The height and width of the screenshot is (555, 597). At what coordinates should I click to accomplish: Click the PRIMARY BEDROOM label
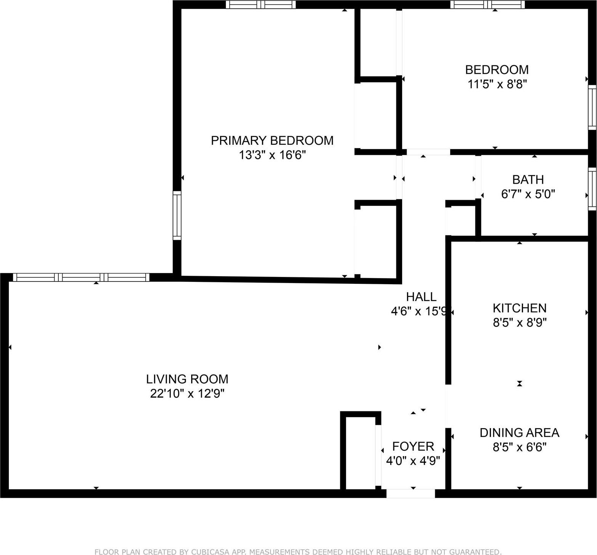coord(272,141)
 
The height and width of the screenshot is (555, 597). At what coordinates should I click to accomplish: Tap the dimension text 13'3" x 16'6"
coord(272,155)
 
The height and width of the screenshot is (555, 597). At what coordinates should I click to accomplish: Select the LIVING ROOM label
coord(187,379)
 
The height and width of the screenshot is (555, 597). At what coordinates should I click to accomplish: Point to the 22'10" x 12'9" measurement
coord(187,393)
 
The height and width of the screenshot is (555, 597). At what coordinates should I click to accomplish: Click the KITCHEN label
coord(519,308)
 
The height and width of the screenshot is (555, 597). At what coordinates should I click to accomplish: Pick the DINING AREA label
coord(519,432)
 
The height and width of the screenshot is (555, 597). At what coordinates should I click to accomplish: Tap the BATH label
coord(528,180)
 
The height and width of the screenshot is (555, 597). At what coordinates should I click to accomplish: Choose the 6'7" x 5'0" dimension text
coord(528,194)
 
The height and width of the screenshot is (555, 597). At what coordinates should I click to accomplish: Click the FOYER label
coord(413,446)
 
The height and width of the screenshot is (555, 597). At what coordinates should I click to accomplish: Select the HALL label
coord(421,297)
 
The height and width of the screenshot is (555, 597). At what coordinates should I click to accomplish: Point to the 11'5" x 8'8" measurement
coord(497,84)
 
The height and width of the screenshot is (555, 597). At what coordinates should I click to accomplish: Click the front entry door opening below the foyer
coord(410,494)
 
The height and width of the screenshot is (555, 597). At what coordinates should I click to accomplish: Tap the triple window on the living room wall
coord(81,277)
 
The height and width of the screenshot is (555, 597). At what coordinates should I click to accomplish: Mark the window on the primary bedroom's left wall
coord(177,215)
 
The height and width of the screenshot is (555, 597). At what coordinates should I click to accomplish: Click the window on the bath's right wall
coord(592,189)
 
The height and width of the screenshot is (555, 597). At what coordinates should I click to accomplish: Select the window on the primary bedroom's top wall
coord(261,5)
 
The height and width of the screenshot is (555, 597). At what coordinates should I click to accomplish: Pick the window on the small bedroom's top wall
coord(488,5)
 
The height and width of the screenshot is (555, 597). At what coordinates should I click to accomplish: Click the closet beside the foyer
coord(360,453)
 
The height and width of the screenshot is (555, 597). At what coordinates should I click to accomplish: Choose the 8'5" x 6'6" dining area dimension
coord(519,447)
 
